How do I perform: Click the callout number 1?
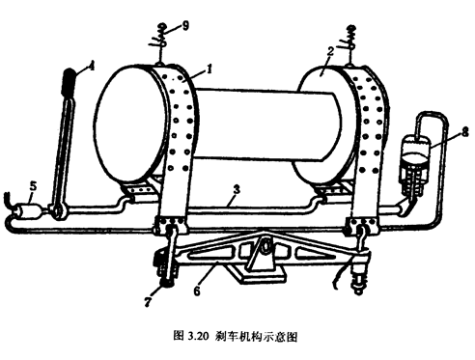(x=210, y=68)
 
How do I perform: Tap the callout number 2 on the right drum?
(x=329, y=52)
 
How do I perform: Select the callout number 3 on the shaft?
(x=237, y=189)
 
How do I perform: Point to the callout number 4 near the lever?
(x=92, y=67)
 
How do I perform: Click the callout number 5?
(x=33, y=186)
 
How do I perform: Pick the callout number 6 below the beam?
(x=197, y=291)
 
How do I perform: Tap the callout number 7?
(x=148, y=302)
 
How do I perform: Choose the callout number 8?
(x=464, y=132)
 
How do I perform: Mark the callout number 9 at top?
(x=185, y=25)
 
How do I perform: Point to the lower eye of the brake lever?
(x=58, y=210)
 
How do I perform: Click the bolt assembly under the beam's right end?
(x=360, y=273)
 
